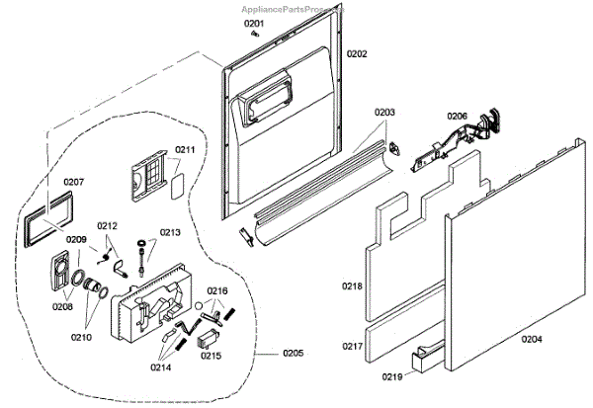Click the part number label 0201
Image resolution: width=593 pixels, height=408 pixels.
(254, 23)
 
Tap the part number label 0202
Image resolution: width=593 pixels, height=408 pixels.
(357, 53)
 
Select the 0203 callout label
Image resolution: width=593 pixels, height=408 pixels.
(384, 114)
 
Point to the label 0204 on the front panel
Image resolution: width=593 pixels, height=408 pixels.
(532, 338)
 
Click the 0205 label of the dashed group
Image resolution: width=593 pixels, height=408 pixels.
(293, 354)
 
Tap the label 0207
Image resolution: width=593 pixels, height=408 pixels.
(74, 182)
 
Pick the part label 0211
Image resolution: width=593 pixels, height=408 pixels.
(186, 150)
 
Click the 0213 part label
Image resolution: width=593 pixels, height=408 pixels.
(170, 233)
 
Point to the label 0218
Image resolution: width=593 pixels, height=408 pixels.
(353, 286)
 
